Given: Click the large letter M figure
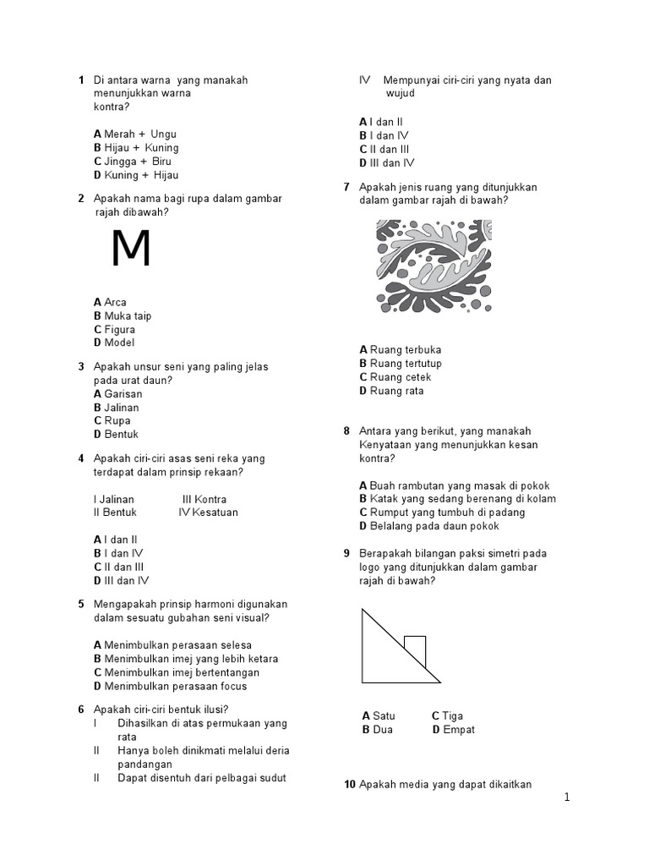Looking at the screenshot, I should pyautogui.click(x=131, y=249).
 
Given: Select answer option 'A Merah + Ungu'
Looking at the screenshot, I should pyautogui.click(x=135, y=134).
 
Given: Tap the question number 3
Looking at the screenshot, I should pyautogui.click(x=81, y=367).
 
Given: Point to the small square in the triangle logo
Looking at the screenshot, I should pyautogui.click(x=414, y=650).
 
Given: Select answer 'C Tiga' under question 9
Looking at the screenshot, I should pyautogui.click(x=447, y=715).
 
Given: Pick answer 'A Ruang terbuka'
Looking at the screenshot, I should pyautogui.click(x=401, y=349).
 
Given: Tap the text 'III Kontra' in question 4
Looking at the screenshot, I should pyautogui.click(x=205, y=499).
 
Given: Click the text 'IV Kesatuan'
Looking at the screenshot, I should pyautogui.click(x=208, y=512).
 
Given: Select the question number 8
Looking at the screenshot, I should pyautogui.click(x=346, y=430).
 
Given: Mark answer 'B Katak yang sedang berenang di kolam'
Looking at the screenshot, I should pyautogui.click(x=457, y=499).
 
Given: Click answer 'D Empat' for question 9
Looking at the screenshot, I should pyautogui.click(x=453, y=729).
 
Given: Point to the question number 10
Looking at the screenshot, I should pyautogui.click(x=350, y=785).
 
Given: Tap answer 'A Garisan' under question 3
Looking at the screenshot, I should pyautogui.click(x=118, y=393).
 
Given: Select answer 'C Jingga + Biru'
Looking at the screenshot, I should pyautogui.click(x=133, y=161).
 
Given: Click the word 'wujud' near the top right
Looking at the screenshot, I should pyautogui.click(x=401, y=93).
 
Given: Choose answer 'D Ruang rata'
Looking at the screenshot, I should pyautogui.click(x=391, y=391).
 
